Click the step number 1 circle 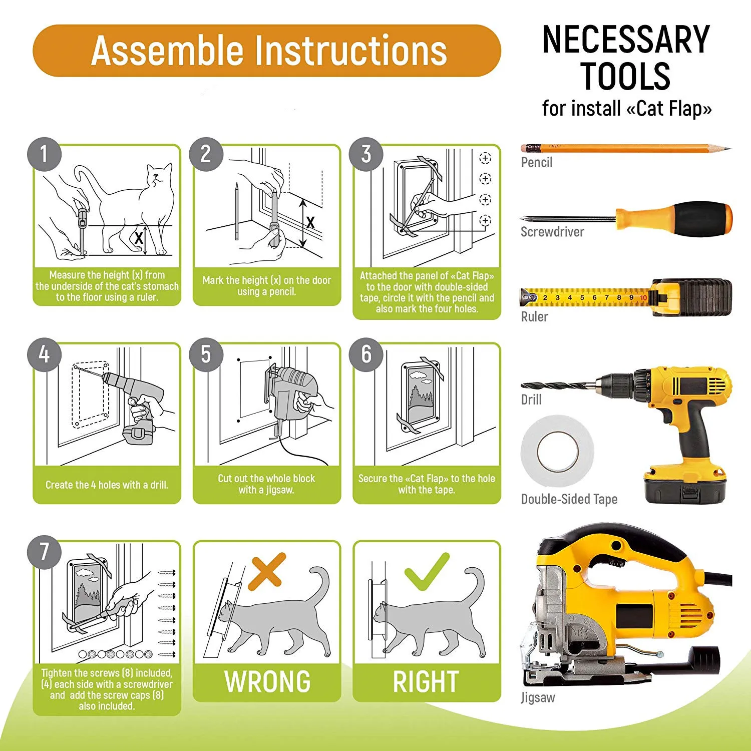pos(44,154)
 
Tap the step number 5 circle pos(206,354)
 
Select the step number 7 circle pos(44,552)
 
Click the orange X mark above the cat pos(267,570)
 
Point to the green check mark pos(427,571)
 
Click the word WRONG pos(267,681)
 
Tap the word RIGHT pos(426,681)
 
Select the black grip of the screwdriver pos(701,219)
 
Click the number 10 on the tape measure pos(643,298)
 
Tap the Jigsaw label pos(538,697)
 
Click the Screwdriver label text pos(552,232)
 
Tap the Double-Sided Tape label pos(569,499)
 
